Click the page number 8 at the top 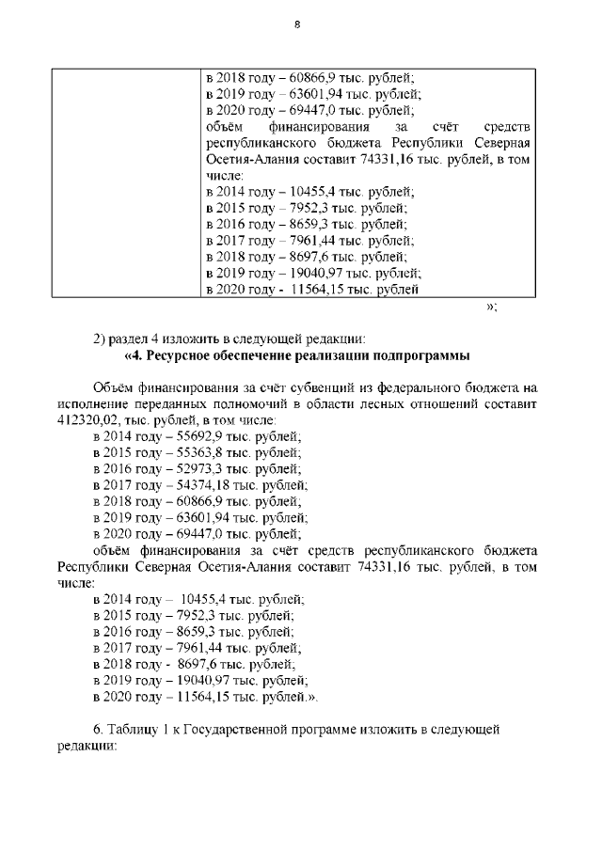click(x=296, y=25)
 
